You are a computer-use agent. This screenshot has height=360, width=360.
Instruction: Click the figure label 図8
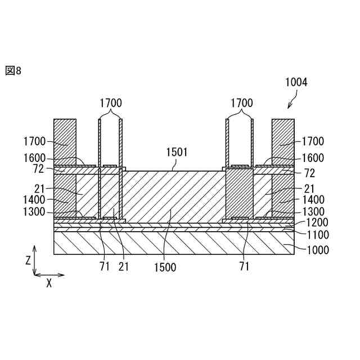click(x=13, y=70)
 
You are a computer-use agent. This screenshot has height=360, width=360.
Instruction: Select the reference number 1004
click(x=296, y=82)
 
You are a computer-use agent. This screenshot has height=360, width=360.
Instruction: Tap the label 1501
click(x=177, y=152)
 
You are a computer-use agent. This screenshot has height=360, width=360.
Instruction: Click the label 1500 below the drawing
click(x=164, y=267)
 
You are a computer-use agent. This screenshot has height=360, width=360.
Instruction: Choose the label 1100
click(x=318, y=235)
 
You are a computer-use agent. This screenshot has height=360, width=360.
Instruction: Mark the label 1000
click(x=318, y=250)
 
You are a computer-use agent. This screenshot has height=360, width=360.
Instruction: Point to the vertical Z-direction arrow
click(x=35, y=259)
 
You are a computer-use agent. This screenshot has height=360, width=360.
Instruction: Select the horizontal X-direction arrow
click(x=49, y=275)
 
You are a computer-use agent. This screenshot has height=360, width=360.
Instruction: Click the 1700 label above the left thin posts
click(x=110, y=103)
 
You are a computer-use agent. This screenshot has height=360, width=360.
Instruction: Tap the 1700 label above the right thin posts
click(x=241, y=103)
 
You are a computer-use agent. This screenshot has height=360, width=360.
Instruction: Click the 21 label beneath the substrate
click(x=124, y=267)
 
